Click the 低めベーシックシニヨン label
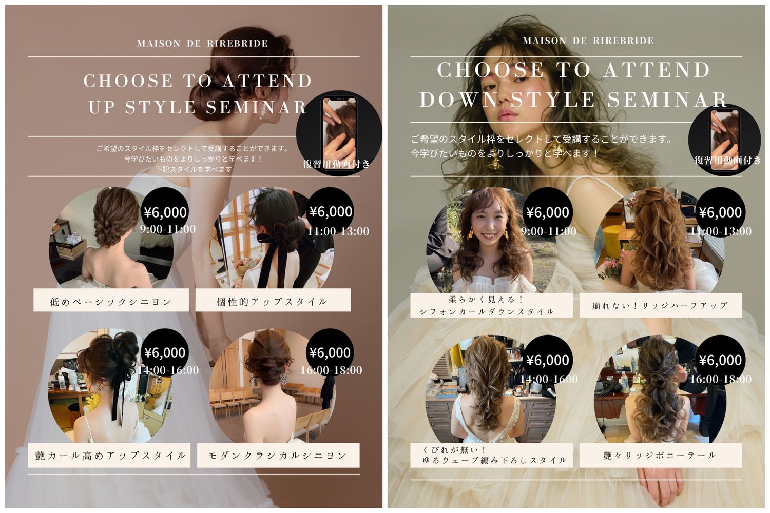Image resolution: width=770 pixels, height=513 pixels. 111,302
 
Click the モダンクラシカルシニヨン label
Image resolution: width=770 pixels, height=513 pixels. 278,455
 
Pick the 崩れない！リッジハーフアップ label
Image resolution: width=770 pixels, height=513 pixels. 660,305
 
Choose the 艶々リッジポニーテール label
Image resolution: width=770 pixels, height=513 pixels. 660,455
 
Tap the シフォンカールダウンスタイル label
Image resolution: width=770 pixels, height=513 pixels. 487,312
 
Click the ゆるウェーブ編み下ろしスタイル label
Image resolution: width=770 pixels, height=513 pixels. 494,460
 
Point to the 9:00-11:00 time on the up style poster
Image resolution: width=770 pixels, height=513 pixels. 168,229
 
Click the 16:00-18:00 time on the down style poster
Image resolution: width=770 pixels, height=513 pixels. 721,379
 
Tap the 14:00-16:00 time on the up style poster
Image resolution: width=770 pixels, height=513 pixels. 168,370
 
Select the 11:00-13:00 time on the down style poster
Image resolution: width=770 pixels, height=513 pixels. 721,231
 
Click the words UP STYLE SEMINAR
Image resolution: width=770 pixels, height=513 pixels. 197,107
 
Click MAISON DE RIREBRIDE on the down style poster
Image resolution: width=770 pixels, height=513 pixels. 588,41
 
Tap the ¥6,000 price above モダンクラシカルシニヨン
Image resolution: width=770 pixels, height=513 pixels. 330,352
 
